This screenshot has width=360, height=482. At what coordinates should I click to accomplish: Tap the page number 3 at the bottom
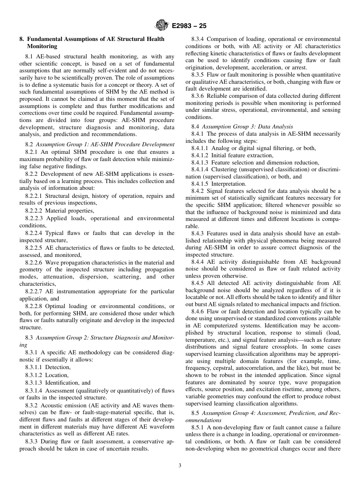point(180,465)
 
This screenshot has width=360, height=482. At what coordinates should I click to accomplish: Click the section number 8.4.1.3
point(200,163)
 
